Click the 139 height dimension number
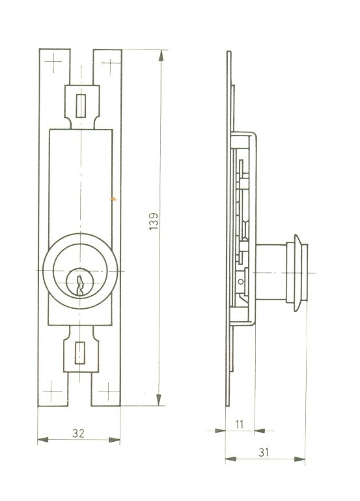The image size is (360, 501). click(154, 221)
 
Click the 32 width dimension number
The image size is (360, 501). click(79, 433)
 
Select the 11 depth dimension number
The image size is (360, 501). click(240, 424)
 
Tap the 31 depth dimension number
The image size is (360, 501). click(264, 452)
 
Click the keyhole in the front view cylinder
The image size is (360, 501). click(80, 285)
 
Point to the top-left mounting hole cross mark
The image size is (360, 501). click(53, 63)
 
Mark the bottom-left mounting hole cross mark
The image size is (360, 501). click(51, 391)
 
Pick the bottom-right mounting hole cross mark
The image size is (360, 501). click(109, 391)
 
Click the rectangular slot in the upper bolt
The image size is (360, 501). click(81, 106)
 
